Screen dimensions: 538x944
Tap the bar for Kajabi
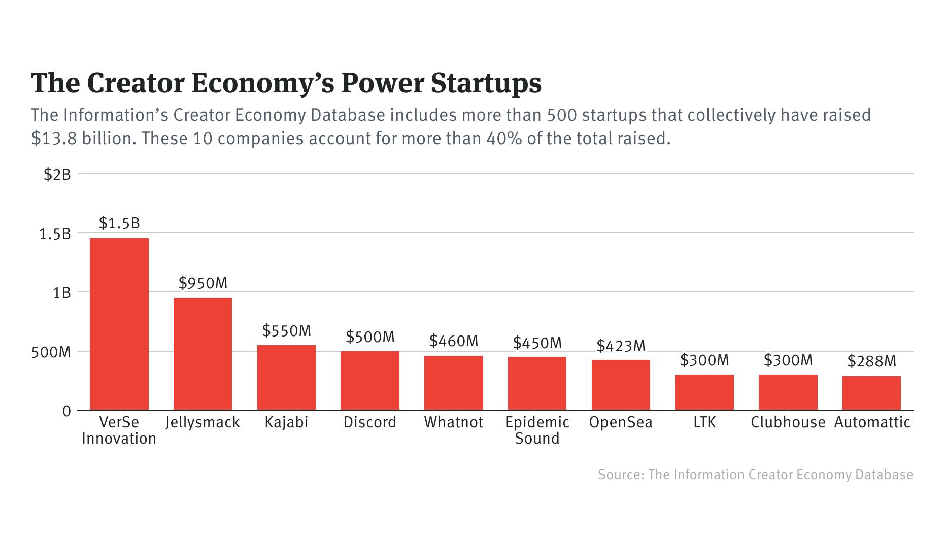[x=286, y=378]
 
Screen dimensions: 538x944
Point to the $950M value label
[x=203, y=283]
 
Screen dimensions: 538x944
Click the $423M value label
[x=621, y=346]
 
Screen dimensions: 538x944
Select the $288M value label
[x=871, y=361]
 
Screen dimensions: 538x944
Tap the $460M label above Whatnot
[x=454, y=341]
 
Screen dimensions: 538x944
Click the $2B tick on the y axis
[x=57, y=175]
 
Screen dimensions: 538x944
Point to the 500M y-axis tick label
[x=51, y=352]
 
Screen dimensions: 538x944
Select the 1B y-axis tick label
[x=61, y=293]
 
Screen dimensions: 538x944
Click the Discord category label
[x=369, y=422]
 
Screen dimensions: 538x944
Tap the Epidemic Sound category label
[x=537, y=430]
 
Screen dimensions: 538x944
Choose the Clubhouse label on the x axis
[x=788, y=422]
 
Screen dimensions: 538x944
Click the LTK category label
[x=704, y=422]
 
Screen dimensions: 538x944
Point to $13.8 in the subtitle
[x=54, y=138]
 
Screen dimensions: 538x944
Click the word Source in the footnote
[x=620, y=475]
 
